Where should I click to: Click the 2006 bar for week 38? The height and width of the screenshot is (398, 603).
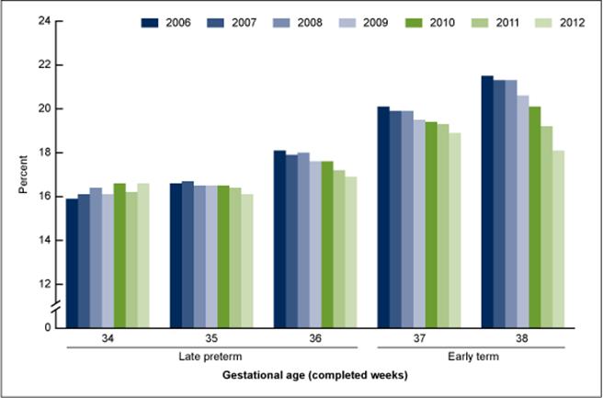tap(487, 201)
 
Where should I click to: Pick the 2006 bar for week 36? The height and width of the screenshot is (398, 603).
tap(279, 239)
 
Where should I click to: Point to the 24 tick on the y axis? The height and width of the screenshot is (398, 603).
tap(43, 21)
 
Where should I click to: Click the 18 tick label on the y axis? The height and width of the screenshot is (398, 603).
tap(43, 153)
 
